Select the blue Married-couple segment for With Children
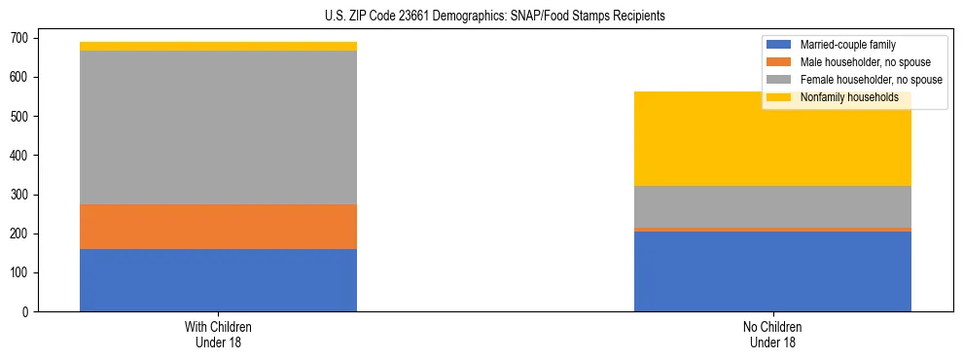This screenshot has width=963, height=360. [x=218, y=280]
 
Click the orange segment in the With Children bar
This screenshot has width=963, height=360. [x=218, y=227]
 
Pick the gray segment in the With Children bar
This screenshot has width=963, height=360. [x=218, y=127]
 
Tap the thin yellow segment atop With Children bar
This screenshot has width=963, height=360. [x=218, y=47]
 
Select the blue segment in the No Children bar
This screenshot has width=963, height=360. [x=772, y=271]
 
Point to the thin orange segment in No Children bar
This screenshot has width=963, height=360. [x=772, y=230]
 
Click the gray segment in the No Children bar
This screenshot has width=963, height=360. [x=772, y=206]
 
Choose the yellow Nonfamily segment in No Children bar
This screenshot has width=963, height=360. [x=772, y=139]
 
